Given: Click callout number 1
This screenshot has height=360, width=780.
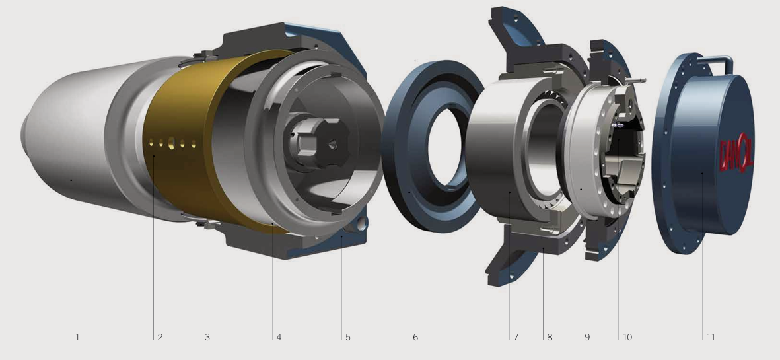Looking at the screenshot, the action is [x=77, y=337].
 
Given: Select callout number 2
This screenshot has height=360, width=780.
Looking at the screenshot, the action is [x=160, y=337].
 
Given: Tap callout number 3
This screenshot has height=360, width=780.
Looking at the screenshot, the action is [x=207, y=337].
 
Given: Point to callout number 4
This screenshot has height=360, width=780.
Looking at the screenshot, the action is [x=279, y=337].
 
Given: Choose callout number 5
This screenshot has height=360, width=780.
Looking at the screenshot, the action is [x=347, y=337].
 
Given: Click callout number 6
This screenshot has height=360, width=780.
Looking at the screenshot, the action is [x=415, y=337].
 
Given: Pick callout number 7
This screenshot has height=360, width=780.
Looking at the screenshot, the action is [x=516, y=337].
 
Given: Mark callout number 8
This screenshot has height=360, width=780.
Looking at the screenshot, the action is [x=550, y=337].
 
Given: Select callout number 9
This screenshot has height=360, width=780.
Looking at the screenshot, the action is [x=587, y=337].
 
